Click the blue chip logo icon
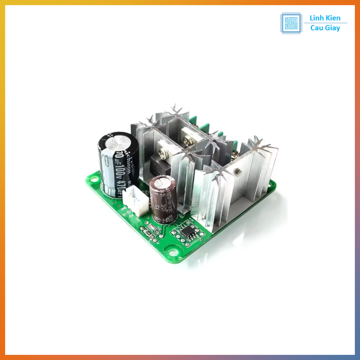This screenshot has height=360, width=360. (291, 23)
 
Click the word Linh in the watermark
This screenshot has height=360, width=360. (316, 18)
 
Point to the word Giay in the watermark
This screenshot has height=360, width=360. (333, 28)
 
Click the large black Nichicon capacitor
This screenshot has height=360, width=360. (117, 165)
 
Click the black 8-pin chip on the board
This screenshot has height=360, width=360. (188, 232)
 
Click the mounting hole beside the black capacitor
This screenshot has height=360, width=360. (94, 179)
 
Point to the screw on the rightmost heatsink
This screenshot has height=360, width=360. (238, 172)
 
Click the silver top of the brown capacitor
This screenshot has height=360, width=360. (162, 182)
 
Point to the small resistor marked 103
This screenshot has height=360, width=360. (148, 233)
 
